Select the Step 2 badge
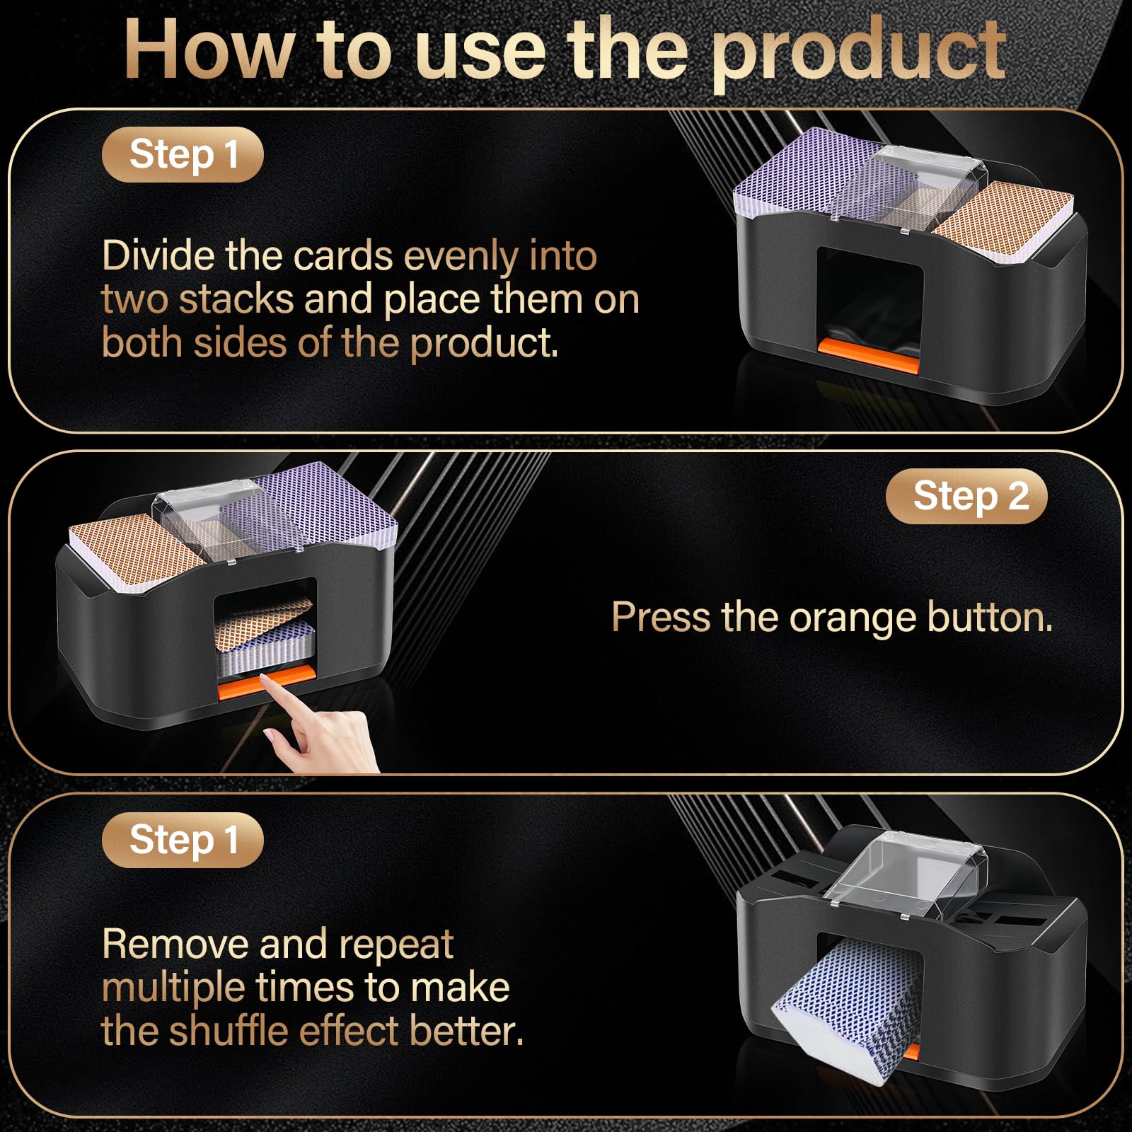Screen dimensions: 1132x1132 (x=966, y=496)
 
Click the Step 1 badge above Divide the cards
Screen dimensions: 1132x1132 (x=183, y=154)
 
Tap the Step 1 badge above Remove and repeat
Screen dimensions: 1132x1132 (x=183, y=840)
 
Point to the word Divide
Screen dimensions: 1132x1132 (x=157, y=255)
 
